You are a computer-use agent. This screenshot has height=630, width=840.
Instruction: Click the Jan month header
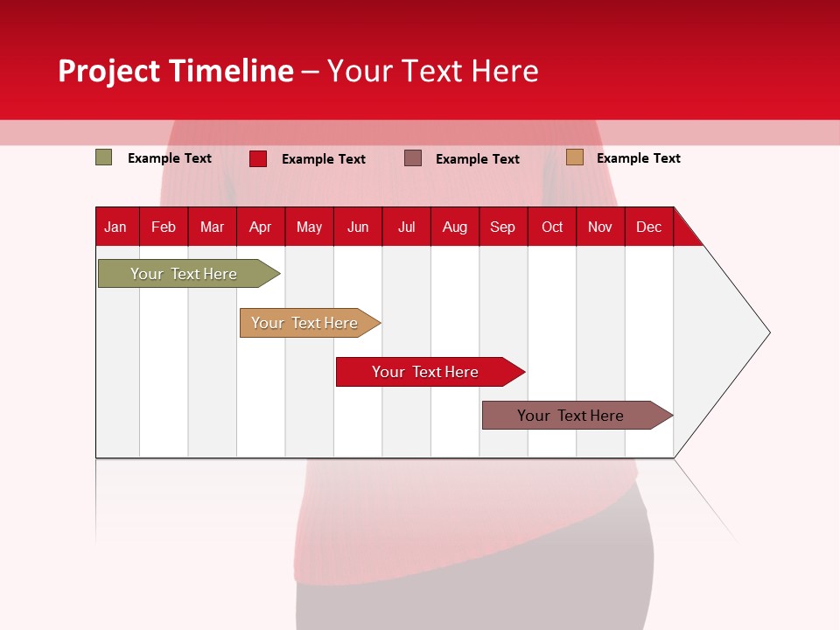pos(115,227)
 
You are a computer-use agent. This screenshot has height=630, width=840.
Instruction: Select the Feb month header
pos(164,227)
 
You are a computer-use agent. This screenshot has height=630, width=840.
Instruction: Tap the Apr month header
pos(260,227)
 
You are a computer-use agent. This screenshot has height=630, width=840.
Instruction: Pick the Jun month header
pos(358,227)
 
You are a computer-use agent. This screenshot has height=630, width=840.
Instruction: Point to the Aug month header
pos(455,227)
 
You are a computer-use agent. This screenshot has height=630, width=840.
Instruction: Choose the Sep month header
pos(502,227)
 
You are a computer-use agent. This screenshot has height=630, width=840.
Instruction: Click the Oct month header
pos(552,227)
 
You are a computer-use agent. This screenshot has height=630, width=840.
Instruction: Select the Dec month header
pos(648,227)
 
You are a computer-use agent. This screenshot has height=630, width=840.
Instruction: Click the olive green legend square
pos(104,157)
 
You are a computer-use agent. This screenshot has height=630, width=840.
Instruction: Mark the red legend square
pos(258,158)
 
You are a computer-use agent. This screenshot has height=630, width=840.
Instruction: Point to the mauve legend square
pos(413,157)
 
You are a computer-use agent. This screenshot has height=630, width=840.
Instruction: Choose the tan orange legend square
pos(575,157)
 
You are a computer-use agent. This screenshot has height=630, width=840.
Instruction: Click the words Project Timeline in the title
pos(176,71)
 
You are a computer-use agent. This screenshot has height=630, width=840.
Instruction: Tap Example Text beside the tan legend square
pos(638,158)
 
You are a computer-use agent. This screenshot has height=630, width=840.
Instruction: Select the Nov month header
pos(600,227)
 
